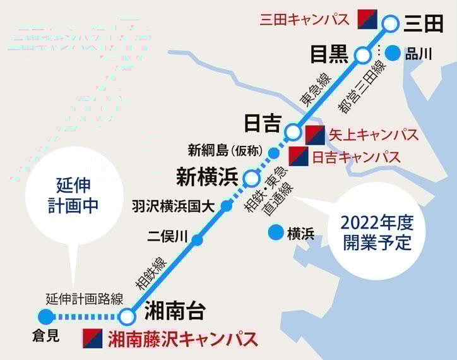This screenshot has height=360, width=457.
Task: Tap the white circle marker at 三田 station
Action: click(x=392, y=24)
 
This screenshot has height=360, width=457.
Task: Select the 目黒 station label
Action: click(x=329, y=55)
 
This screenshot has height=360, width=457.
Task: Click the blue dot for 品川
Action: click(x=393, y=54)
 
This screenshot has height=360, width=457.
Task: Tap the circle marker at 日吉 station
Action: click(x=294, y=132)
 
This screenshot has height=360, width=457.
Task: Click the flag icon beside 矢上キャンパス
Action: click(x=315, y=135)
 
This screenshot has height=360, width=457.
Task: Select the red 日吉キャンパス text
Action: click(x=357, y=156)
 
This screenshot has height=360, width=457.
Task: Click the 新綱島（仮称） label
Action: click(x=225, y=150)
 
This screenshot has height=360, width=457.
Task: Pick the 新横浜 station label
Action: click(x=207, y=177)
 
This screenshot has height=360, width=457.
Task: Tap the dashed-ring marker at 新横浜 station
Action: click(x=251, y=177)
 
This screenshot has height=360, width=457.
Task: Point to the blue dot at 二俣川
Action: click(x=197, y=239)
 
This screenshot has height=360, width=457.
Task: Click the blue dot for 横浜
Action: click(x=275, y=233)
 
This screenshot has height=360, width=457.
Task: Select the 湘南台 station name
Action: click(x=175, y=311)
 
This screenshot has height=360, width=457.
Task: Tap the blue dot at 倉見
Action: click(x=45, y=316)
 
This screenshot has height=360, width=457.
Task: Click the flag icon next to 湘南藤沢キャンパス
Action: click(x=93, y=339)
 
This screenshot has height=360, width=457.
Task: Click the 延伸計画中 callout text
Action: click(x=74, y=195)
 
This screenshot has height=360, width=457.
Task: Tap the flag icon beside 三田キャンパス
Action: click(x=367, y=19)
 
